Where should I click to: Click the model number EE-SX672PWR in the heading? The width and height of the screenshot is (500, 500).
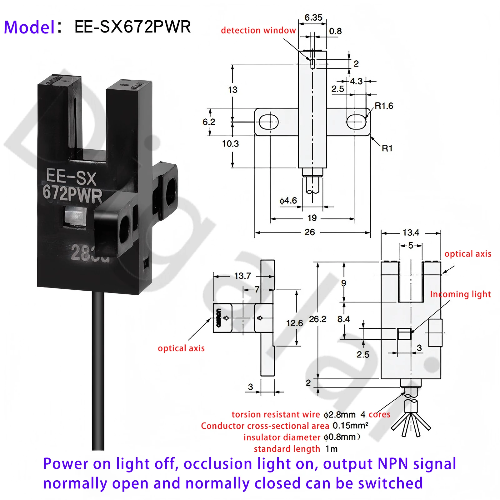pyautogui.click(x=132, y=27)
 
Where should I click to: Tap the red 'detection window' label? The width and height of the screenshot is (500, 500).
pyautogui.click(x=258, y=30)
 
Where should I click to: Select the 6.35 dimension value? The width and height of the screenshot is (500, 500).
pyautogui.click(x=313, y=17)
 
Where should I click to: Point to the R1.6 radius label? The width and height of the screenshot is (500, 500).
pyautogui.click(x=384, y=106)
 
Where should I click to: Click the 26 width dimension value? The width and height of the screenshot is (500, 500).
pyautogui.click(x=310, y=232)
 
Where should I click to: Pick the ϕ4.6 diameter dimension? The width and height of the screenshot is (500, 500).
pyautogui.click(x=288, y=201)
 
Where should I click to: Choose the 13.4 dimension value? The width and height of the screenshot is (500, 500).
pyautogui.click(x=411, y=232)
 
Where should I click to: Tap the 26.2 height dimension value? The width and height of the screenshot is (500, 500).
pyautogui.click(x=317, y=319)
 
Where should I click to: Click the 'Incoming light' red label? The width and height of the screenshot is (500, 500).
pyautogui.click(x=460, y=294)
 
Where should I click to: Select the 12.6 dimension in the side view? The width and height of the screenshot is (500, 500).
pyautogui.click(x=294, y=323)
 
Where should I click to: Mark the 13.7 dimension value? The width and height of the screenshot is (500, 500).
pyautogui.click(x=242, y=276)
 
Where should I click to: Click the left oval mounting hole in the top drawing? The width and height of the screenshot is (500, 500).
pyautogui.click(x=269, y=122)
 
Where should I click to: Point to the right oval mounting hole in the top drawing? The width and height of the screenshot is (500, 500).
pyautogui.click(x=356, y=122)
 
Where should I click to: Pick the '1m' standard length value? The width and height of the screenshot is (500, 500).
pyautogui.click(x=332, y=449)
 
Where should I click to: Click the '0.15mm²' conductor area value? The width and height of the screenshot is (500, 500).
pyautogui.click(x=350, y=426)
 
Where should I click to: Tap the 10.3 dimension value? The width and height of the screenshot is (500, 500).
pyautogui.click(x=230, y=144)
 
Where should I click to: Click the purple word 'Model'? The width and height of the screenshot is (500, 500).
pyautogui.click(x=29, y=27)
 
